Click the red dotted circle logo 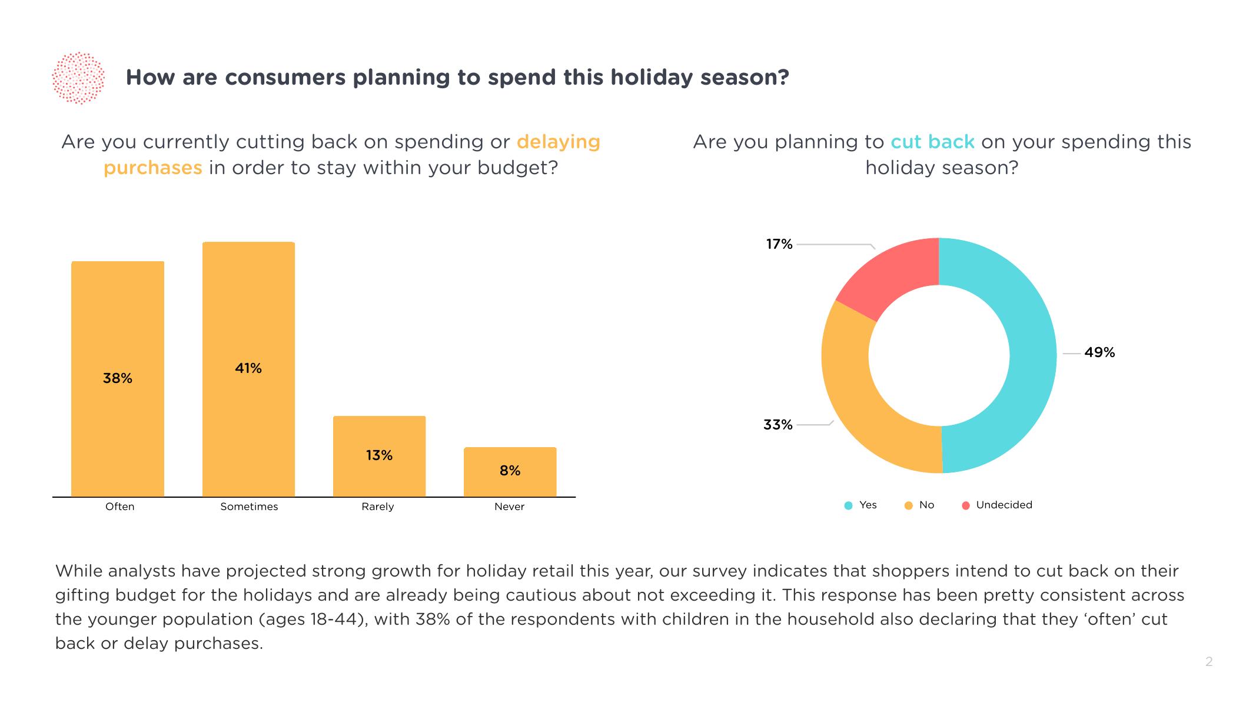[x=78, y=78]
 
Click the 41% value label [x=248, y=368]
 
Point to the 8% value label [x=510, y=471]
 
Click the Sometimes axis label [x=249, y=507]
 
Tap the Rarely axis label [x=378, y=507]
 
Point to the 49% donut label [x=1099, y=352]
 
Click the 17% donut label [x=779, y=244]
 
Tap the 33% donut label [x=777, y=425]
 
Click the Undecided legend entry [x=1004, y=505]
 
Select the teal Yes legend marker [x=848, y=505]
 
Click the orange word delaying [x=558, y=142]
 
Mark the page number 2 [x=1209, y=662]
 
